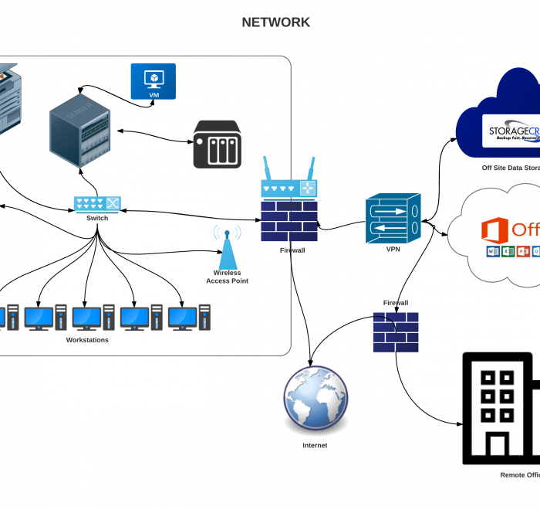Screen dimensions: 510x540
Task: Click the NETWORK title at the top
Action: click(275, 22)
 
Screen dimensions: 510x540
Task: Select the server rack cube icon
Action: click(80, 130)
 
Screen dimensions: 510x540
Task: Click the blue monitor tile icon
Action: click(153, 81)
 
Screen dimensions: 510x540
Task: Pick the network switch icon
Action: click(97, 204)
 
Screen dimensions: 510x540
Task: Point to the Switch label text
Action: click(97, 218)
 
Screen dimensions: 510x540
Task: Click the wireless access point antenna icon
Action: click(227, 246)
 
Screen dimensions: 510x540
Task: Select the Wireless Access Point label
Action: click(227, 277)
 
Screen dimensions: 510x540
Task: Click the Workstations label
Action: click(87, 340)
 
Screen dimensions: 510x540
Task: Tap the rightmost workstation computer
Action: click(189, 318)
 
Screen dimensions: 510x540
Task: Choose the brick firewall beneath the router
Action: click(289, 221)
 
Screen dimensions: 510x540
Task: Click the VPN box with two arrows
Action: click(393, 218)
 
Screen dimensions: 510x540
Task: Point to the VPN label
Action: click(393, 250)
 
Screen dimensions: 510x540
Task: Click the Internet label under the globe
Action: click(315, 446)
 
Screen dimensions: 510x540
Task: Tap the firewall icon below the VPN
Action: click(396, 332)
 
